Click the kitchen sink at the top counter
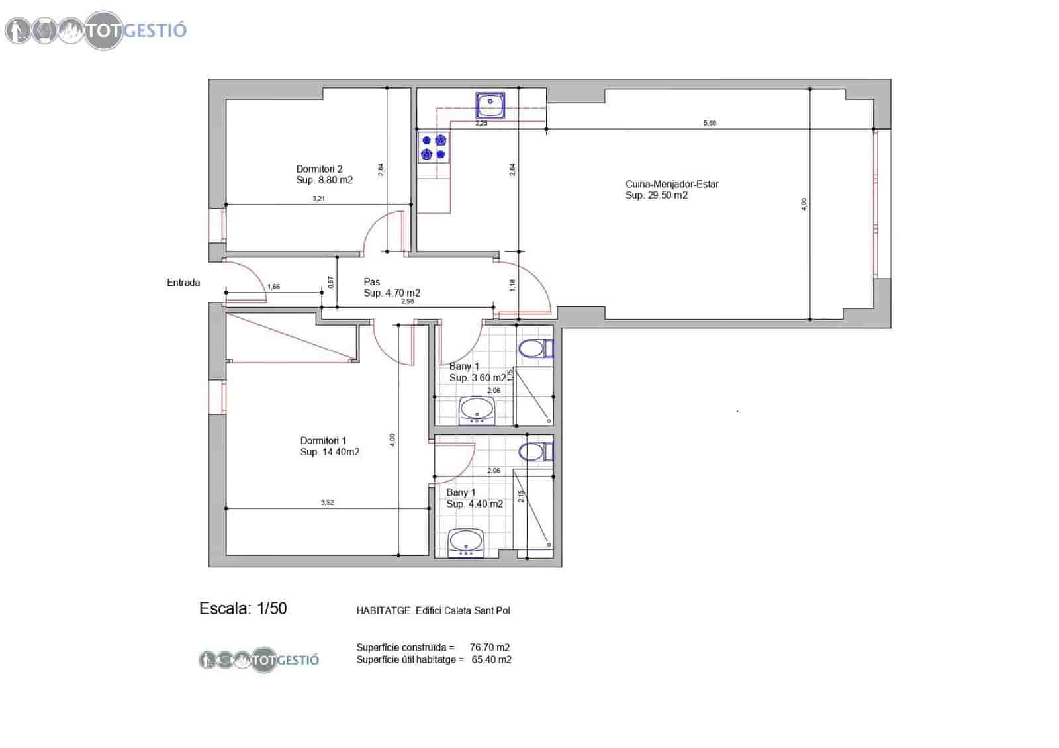click(x=490, y=104)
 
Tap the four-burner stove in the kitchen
click(x=434, y=147)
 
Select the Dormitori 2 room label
click(x=324, y=175)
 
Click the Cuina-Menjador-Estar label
click(x=671, y=189)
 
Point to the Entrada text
click(x=183, y=283)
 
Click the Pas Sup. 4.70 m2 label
click(x=391, y=287)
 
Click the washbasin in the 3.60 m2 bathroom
click(x=477, y=410)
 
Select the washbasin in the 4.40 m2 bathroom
click(x=466, y=543)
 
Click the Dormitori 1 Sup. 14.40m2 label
click(x=329, y=446)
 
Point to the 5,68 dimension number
click(x=710, y=123)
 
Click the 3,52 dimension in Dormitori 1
click(x=327, y=502)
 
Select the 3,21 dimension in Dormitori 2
click(x=318, y=199)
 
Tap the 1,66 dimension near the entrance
click(x=273, y=287)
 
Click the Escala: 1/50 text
click(x=243, y=609)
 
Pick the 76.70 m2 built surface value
click(x=489, y=647)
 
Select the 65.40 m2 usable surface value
click(x=491, y=659)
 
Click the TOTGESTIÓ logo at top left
click(x=96, y=30)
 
